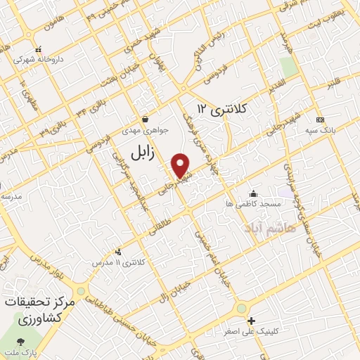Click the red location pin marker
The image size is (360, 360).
[181, 166]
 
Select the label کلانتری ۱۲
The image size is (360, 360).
[224, 109]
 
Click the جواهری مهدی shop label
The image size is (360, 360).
[143, 131]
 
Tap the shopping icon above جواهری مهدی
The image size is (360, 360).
[143, 120]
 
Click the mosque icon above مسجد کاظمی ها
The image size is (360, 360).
[252, 193]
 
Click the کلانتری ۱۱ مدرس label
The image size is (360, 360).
[117, 263]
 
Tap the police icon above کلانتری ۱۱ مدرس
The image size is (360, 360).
[117, 252]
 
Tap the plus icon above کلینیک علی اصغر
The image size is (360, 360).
[251, 320]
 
